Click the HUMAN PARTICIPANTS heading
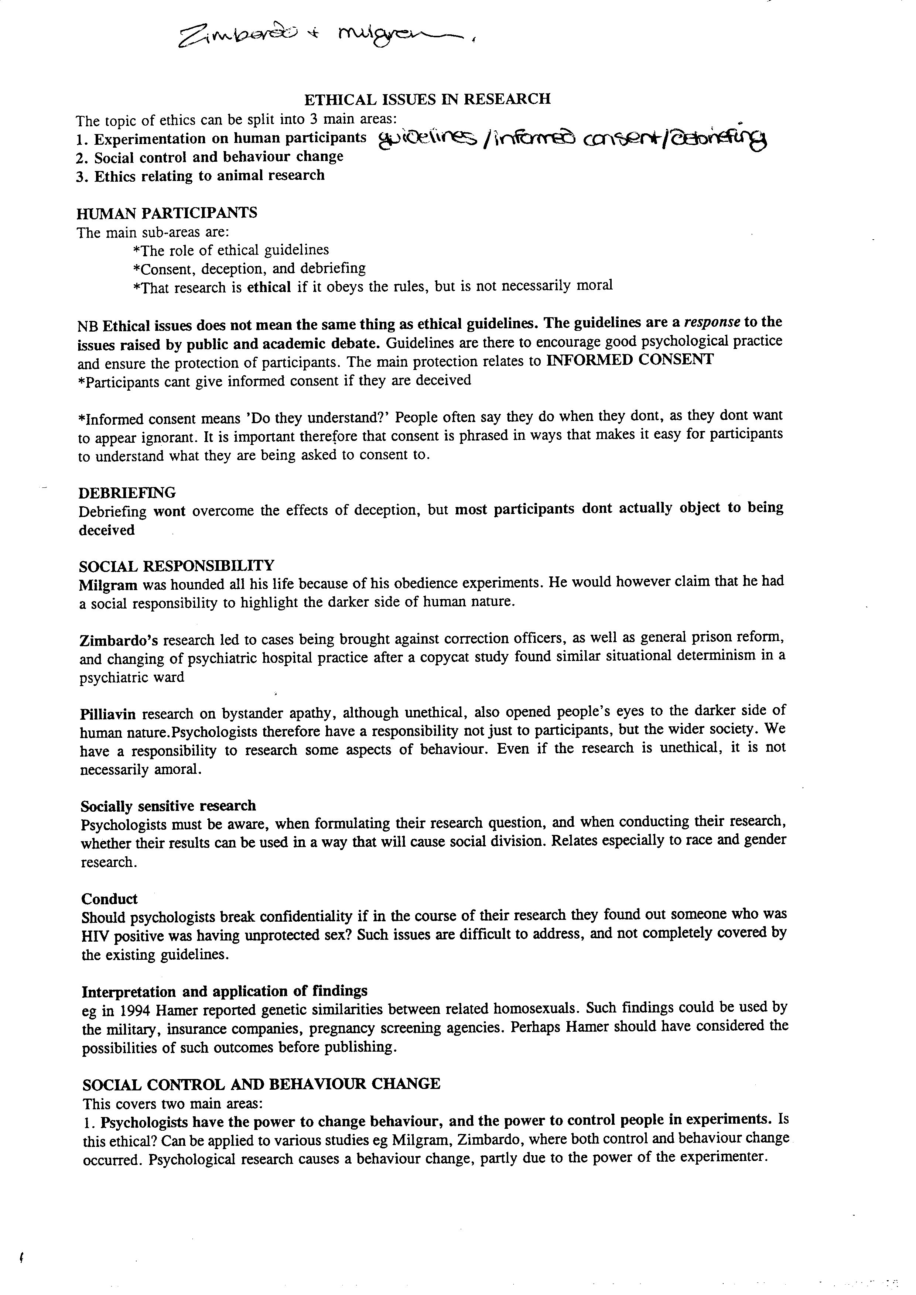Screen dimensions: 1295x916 tap(167, 213)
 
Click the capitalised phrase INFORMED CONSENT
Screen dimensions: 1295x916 tap(630, 360)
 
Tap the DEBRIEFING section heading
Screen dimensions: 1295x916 tap(127, 492)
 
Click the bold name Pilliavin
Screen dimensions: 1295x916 tap(108, 714)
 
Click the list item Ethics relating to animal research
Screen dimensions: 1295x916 tap(209, 175)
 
